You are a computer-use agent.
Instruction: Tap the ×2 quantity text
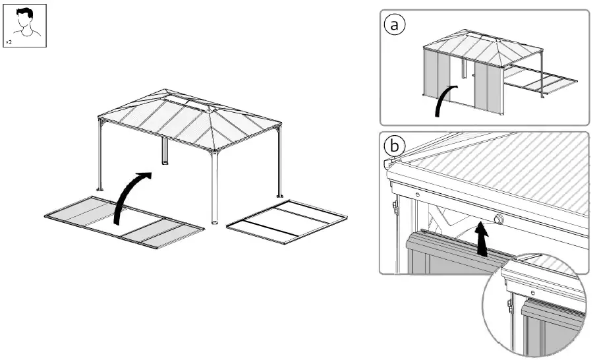click(10, 42)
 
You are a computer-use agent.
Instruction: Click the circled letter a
click(395, 24)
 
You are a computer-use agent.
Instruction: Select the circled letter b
click(394, 146)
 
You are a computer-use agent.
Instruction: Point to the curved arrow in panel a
click(443, 102)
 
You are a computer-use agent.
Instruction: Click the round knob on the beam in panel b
click(497, 219)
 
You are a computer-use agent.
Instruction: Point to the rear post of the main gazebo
click(163, 152)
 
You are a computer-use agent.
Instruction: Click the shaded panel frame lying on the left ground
click(125, 223)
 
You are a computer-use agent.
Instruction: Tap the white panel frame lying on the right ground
click(287, 222)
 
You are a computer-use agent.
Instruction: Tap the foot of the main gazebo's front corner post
click(215, 222)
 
